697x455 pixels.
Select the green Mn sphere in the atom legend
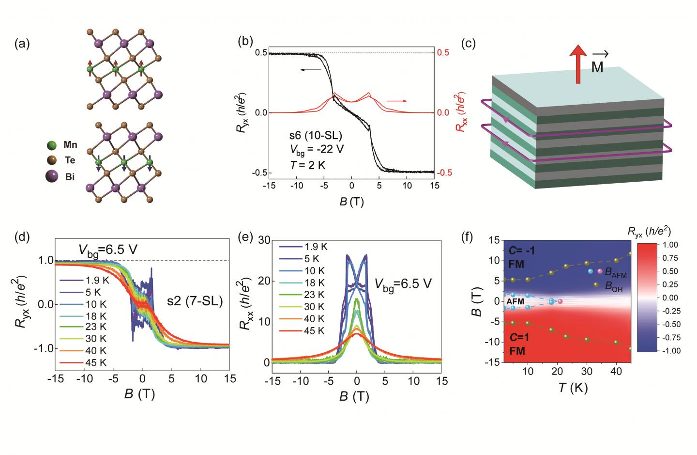point(52,145)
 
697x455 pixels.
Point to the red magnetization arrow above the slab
point(577,63)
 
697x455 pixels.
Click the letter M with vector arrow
point(597,65)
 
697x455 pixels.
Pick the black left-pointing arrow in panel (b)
point(310,70)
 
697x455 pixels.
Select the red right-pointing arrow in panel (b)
point(396,101)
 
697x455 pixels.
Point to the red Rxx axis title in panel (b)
point(458,112)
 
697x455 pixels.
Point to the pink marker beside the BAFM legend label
point(600,271)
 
